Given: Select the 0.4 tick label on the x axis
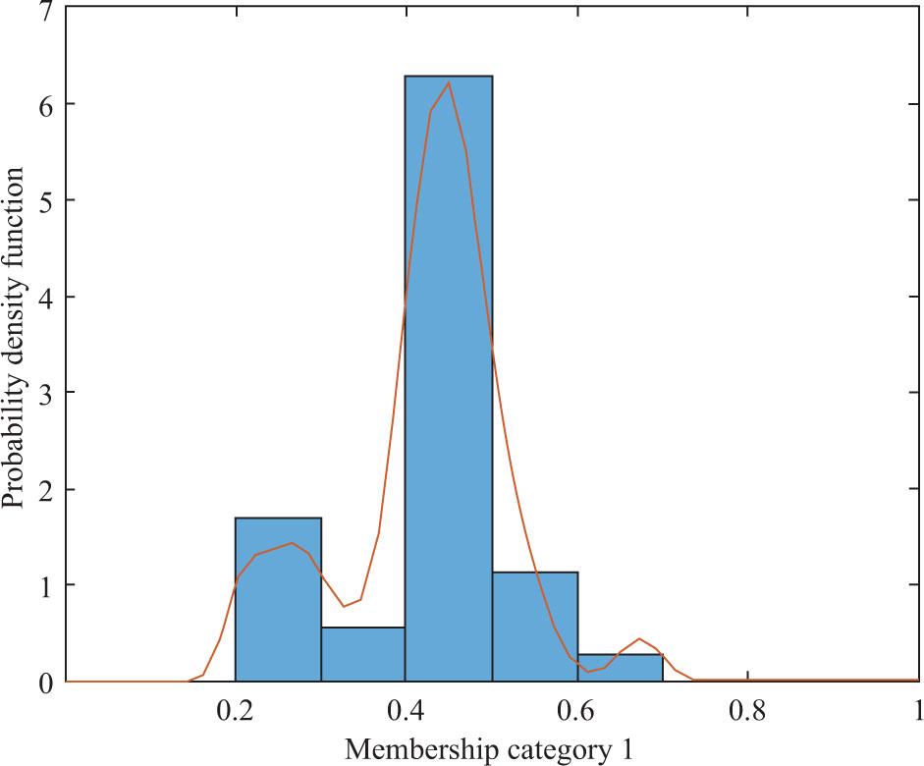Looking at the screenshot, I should [406, 710].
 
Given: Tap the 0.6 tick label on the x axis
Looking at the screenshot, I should [576, 710].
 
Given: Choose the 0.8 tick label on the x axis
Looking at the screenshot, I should [747, 710].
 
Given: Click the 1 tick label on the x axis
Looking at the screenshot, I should [917, 710].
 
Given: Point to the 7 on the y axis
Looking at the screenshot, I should [43, 9].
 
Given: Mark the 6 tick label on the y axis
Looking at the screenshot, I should [43, 104].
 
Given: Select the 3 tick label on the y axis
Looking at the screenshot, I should [43, 393].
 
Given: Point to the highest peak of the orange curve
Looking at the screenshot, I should [449, 82].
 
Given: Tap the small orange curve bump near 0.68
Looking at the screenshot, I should [639, 638].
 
